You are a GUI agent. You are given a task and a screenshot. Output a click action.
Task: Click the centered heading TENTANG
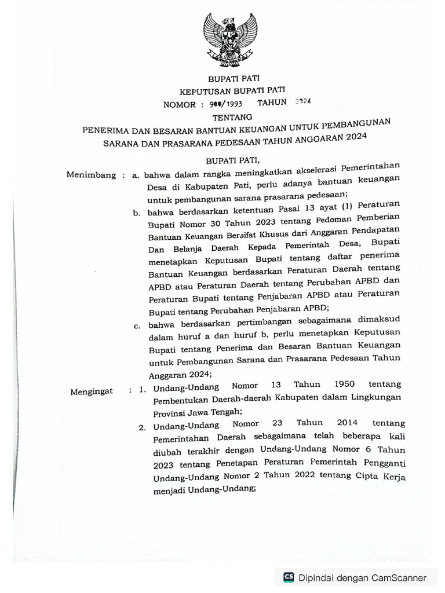click(229, 118)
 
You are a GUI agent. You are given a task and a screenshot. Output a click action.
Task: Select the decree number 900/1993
click(225, 104)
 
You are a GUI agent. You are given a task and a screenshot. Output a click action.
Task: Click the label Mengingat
click(92, 391)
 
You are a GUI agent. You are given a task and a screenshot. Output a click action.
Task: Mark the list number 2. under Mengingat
click(141, 428)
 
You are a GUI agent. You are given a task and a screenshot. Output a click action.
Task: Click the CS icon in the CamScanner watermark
click(289, 577)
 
